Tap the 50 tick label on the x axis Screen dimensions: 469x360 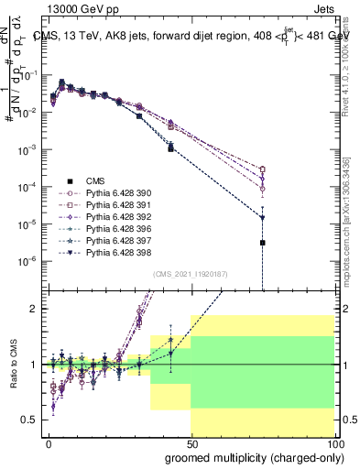tap(191, 442)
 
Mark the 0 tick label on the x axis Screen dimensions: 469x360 tap(49, 442)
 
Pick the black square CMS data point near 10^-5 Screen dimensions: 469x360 tap(263, 243)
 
